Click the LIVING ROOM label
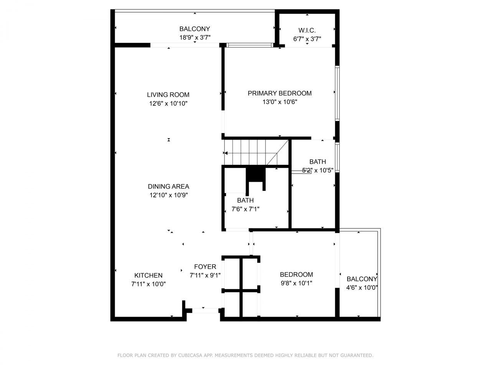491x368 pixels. [168, 95]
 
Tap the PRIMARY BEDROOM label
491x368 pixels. [279, 93]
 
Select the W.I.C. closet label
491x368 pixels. [307, 30]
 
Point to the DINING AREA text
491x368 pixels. [168, 187]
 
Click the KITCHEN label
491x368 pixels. [148, 275]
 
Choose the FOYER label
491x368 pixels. [205, 267]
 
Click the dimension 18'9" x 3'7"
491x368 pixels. [195, 38]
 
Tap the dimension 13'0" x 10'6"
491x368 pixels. [280, 102]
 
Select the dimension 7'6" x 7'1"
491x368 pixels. [245, 209]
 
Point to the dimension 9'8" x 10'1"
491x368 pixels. [296, 283]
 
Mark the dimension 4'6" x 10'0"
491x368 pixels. [362, 288]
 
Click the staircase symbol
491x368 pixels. [255, 152]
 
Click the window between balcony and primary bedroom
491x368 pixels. [250, 45]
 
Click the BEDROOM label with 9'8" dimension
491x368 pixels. [296, 274]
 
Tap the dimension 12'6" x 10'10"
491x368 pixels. [168, 103]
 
